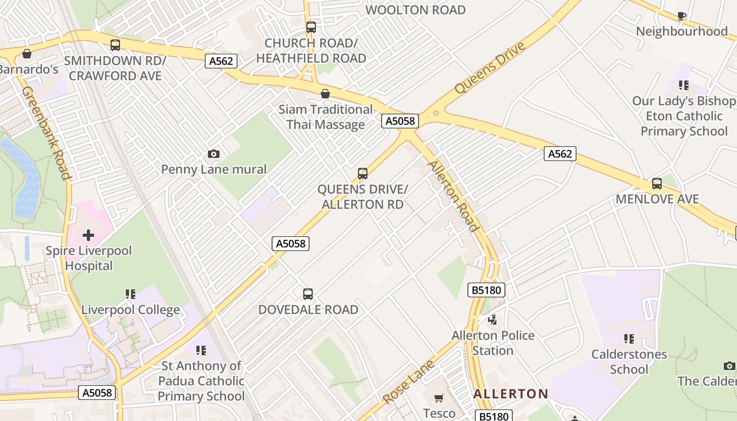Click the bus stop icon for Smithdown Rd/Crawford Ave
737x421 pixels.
pyautogui.click(x=115, y=45)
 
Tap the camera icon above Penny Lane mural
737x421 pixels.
pyautogui.click(x=213, y=154)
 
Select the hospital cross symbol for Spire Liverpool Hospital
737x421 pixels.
pyautogui.click(x=88, y=235)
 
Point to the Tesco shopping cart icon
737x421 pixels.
pyautogui.click(x=439, y=398)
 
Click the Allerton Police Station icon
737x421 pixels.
pyautogui.click(x=493, y=319)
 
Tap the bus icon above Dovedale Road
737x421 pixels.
pyautogui.click(x=308, y=294)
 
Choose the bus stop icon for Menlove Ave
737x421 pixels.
pyautogui.click(x=656, y=184)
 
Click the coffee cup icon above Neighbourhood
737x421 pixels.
pyautogui.click(x=681, y=16)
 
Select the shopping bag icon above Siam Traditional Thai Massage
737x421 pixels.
pyautogui.click(x=325, y=94)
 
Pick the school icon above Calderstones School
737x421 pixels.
pyautogui.click(x=629, y=338)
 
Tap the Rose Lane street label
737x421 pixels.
pyautogui.click(x=409, y=382)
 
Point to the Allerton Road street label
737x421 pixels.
pyautogui.click(x=453, y=196)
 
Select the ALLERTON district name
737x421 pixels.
pyautogui.click(x=511, y=394)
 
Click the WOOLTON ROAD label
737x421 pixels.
pyautogui.click(x=415, y=10)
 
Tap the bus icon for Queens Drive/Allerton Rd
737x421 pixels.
pyautogui.click(x=362, y=174)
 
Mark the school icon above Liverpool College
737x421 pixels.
pyautogui.click(x=131, y=294)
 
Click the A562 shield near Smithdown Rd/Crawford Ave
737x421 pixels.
pyautogui.click(x=221, y=61)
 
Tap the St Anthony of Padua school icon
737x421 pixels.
pyautogui.click(x=201, y=350)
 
